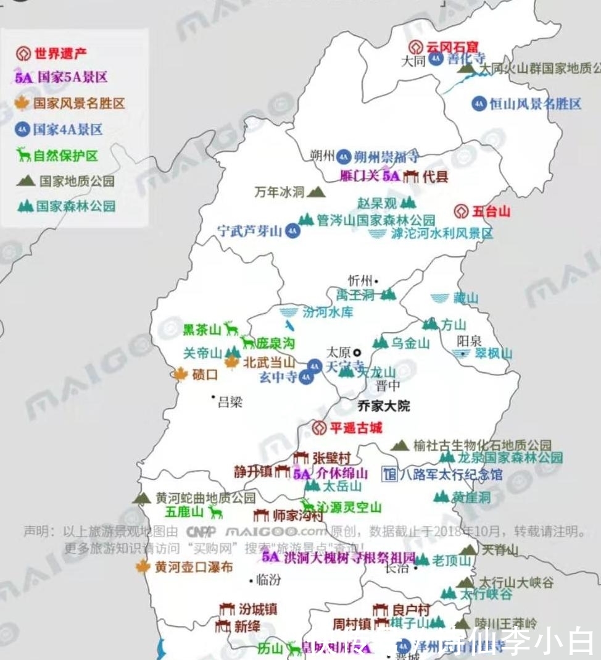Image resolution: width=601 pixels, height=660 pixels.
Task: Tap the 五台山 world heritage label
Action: click(491, 212)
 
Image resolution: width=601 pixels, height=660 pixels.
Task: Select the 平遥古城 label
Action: click(356, 427)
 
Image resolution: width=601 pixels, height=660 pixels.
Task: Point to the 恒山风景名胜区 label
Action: click(535, 104)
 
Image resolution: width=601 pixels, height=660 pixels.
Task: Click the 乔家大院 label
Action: click(384, 406)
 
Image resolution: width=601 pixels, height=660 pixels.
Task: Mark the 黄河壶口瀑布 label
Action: click(193, 566)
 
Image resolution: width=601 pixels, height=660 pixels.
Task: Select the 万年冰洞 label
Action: click(280, 192)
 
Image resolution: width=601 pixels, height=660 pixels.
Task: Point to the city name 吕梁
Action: click(230, 403)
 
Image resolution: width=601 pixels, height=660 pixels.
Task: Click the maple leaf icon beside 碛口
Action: click(180, 374)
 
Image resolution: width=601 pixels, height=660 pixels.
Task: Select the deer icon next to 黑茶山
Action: click(231, 328)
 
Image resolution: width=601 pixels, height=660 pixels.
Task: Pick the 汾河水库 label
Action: click(328, 312)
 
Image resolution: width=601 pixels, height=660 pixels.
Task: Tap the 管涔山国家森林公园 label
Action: click(376, 220)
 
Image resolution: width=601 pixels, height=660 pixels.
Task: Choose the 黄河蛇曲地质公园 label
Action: click(205, 498)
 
